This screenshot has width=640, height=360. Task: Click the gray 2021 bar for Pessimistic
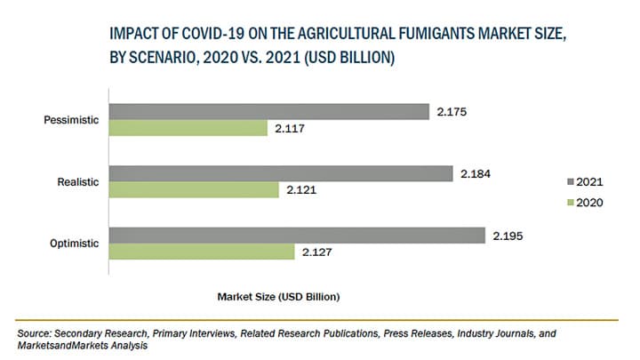pos(267,111)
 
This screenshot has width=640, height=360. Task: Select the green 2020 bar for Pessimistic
pos(188,128)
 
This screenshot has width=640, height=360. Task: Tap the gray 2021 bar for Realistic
pos(280,173)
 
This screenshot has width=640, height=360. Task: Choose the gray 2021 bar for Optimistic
pos(296,236)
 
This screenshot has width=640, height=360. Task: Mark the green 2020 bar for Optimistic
pos(201,252)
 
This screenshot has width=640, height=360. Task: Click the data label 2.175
pos(452,112)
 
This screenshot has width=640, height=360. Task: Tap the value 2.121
pos(302,190)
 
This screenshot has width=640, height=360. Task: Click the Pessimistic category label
pos(70,119)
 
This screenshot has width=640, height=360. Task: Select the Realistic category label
pos(78,181)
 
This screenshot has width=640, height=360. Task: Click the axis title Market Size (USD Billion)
pos(277,293)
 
